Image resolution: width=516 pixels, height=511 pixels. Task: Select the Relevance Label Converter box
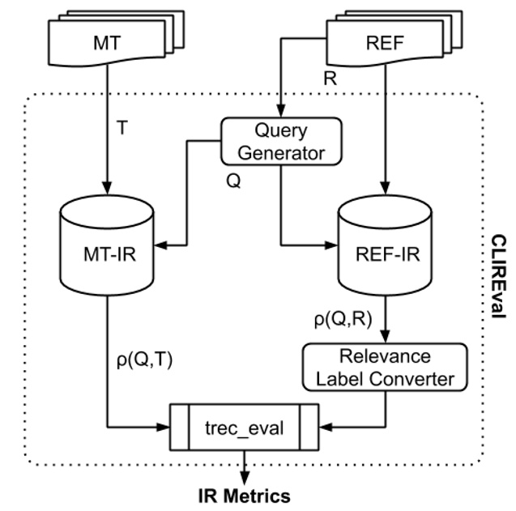click(385, 365)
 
